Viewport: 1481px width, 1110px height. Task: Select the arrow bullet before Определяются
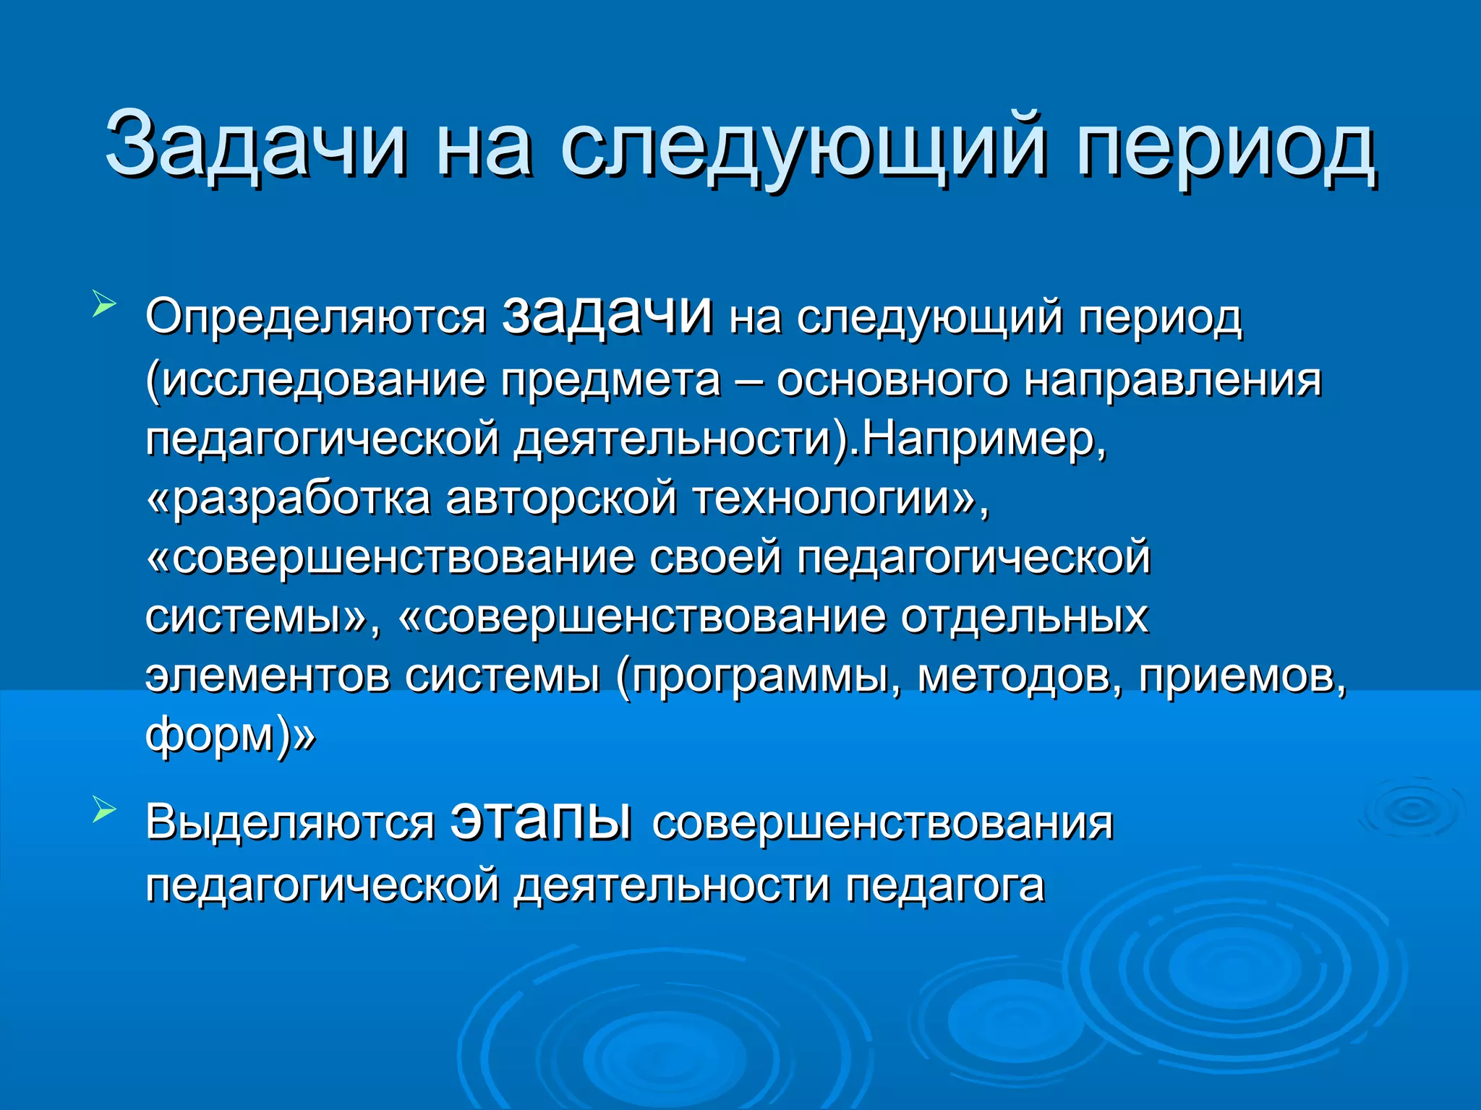coord(103,303)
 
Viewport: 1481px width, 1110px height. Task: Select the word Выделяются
coord(290,824)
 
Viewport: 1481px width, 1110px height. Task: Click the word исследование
coord(322,380)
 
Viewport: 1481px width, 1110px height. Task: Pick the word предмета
coord(612,380)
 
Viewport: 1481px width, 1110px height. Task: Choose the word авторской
coord(561,499)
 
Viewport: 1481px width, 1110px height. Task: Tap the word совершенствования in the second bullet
coord(882,824)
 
